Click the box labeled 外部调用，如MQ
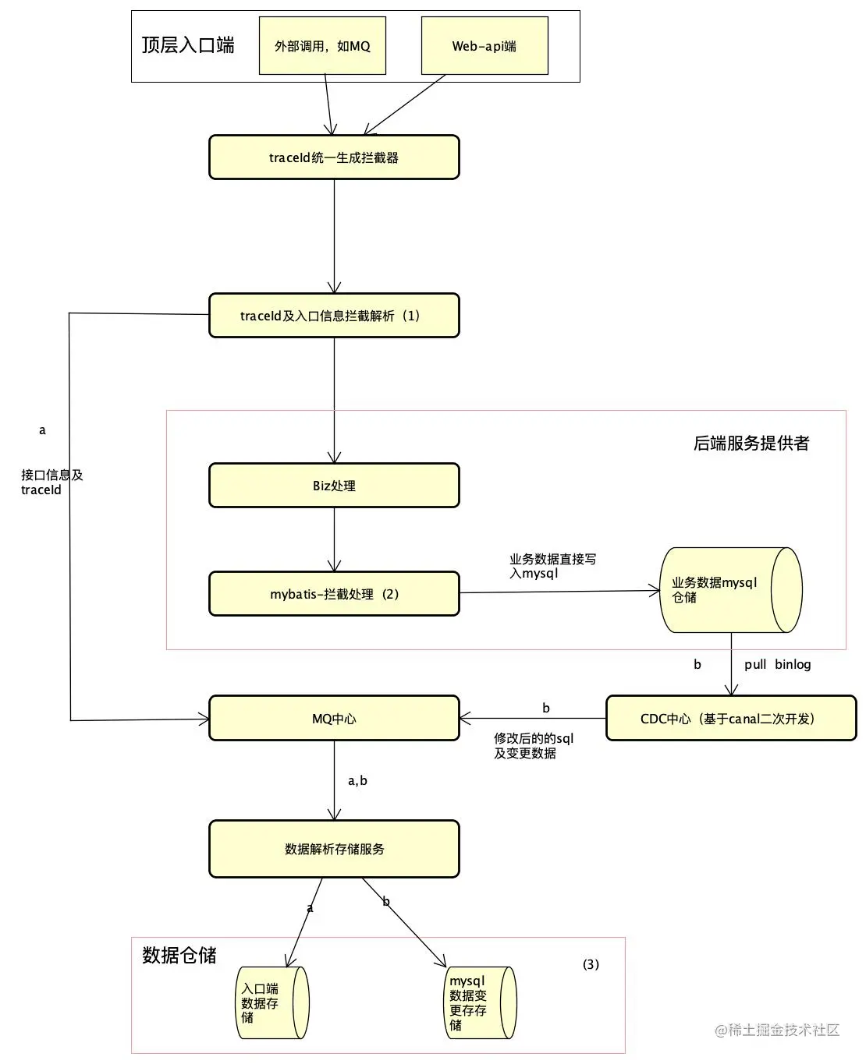coord(322,46)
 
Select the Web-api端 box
coord(484,46)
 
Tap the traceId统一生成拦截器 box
coord(334,157)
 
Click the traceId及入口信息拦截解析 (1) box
coord(334,316)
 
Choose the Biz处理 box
coord(334,486)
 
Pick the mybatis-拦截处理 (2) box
coord(334,594)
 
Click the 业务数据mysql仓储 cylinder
coord(730,589)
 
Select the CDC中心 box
coord(730,719)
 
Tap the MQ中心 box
coord(334,719)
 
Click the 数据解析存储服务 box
coord(334,849)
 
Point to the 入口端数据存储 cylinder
coord(272,1002)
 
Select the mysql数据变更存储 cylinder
coord(479,1002)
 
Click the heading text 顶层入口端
coord(188,45)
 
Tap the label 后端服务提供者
coord(751,444)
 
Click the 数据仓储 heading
coord(179,956)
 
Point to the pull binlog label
coord(777,665)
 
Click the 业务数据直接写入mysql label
coord(552,566)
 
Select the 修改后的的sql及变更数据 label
coord(534,746)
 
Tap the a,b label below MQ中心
coord(357,781)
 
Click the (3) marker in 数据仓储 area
coord(591,964)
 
